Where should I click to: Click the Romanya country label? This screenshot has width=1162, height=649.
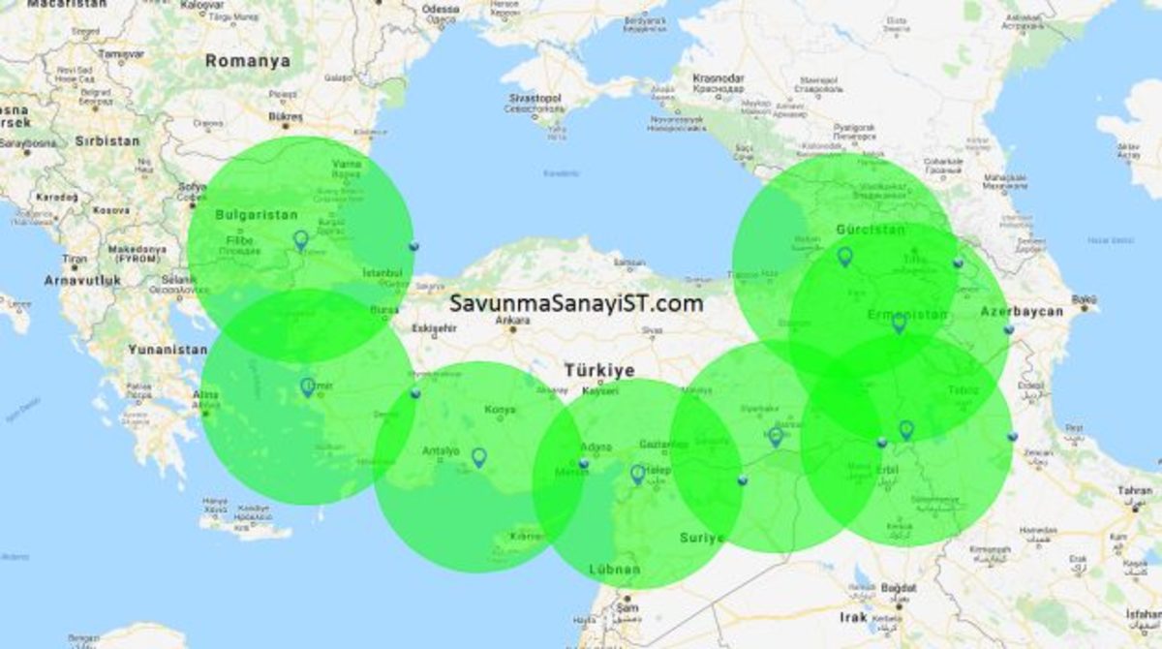247,60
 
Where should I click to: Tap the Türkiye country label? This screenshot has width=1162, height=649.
599,371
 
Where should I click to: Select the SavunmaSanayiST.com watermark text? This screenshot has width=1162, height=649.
576,303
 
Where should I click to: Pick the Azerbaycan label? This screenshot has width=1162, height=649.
1022,312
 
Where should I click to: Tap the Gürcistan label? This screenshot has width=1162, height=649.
870,230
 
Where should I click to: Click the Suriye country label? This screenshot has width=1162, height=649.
702,538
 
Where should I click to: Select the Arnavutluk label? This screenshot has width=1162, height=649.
82,280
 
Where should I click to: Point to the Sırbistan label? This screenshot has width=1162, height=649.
107,140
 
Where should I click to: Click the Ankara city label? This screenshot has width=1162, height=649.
512,319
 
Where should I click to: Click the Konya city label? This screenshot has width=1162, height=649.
500,410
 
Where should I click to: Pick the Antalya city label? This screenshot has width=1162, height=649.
442,450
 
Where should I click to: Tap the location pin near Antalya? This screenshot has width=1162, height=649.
478,456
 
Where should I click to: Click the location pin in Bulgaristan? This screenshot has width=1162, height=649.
300,239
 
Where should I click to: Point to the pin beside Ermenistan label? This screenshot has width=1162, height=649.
899,323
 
